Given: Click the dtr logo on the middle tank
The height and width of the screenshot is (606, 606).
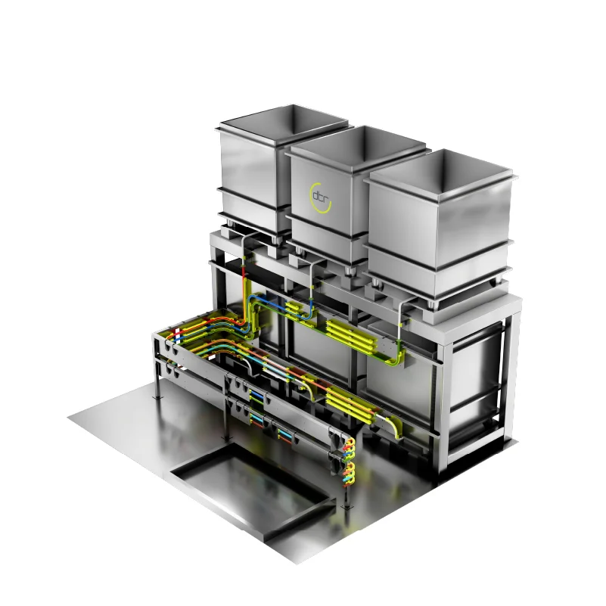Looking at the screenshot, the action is point(320,197).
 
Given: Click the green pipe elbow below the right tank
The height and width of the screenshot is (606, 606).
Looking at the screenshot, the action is point(395,358).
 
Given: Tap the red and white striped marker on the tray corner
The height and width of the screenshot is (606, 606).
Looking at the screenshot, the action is point(177,335).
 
